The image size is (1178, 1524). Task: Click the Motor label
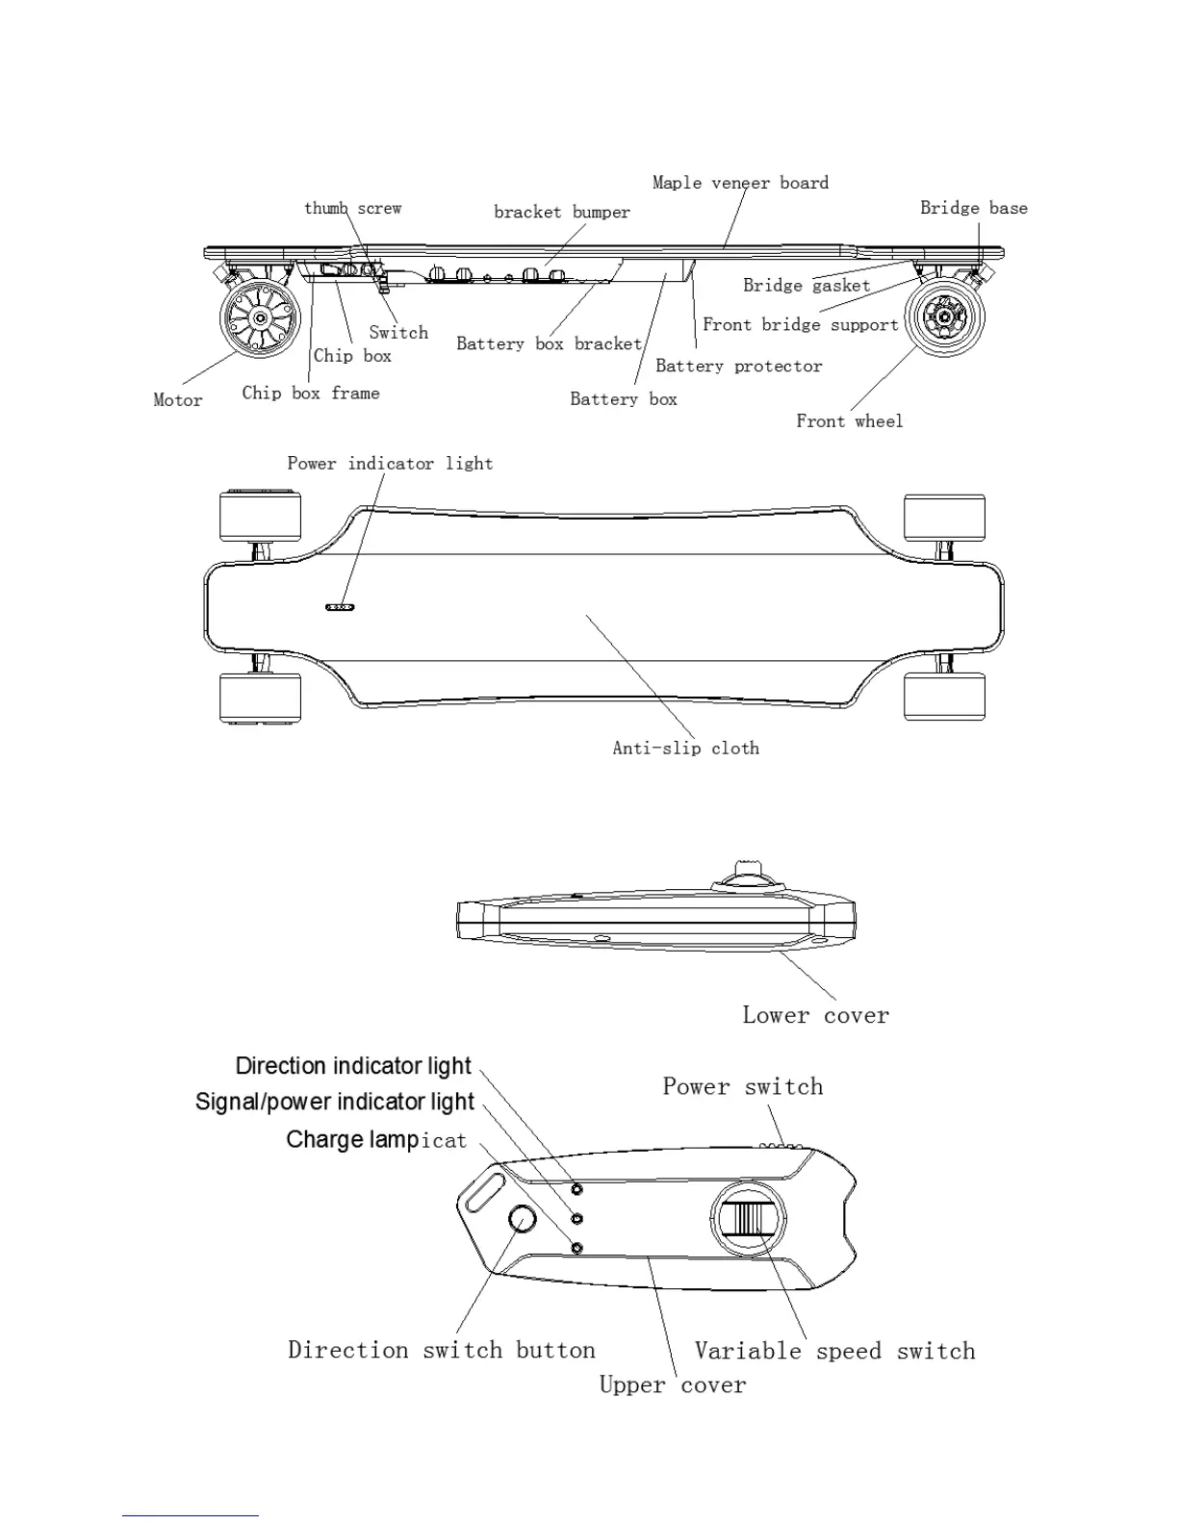pyautogui.click(x=178, y=400)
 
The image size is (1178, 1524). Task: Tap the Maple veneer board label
pyautogui.click(x=740, y=183)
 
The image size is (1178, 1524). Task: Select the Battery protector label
pyautogui.click(x=738, y=366)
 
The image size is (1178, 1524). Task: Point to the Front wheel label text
pyautogui.click(x=849, y=420)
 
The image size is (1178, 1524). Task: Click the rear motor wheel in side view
pyautogui.click(x=256, y=318)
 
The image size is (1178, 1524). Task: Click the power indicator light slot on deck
pyautogui.click(x=341, y=607)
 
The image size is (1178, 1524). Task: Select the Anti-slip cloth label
pyautogui.click(x=685, y=748)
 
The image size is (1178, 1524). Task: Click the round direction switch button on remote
pyautogui.click(x=522, y=1219)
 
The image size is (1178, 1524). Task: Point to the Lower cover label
pyautogui.click(x=815, y=1015)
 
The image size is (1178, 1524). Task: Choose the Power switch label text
pyautogui.click(x=742, y=1086)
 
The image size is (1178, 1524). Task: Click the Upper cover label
pyautogui.click(x=672, y=1384)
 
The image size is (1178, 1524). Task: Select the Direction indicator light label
pyautogui.click(x=353, y=1066)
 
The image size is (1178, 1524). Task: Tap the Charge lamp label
pyautogui.click(x=375, y=1140)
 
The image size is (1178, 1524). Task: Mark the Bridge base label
pyautogui.click(x=973, y=208)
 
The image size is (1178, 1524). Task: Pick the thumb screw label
pyautogui.click(x=352, y=208)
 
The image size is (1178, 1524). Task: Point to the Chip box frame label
pyautogui.click(x=310, y=393)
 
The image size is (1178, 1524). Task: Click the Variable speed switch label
pyautogui.click(x=834, y=1351)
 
